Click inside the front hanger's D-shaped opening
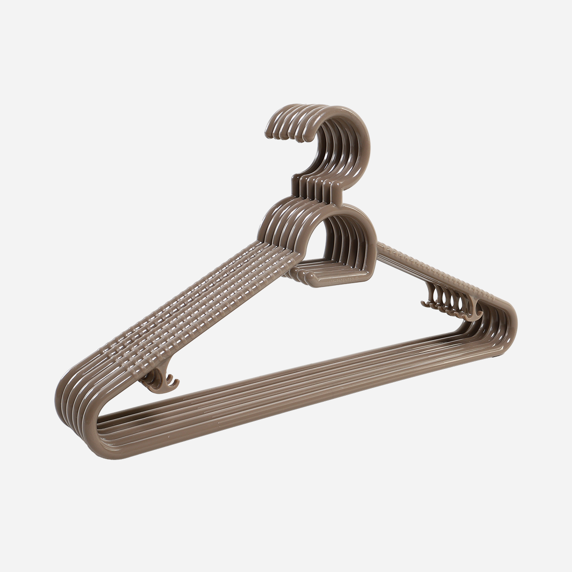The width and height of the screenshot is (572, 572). pyautogui.click(x=344, y=248)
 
